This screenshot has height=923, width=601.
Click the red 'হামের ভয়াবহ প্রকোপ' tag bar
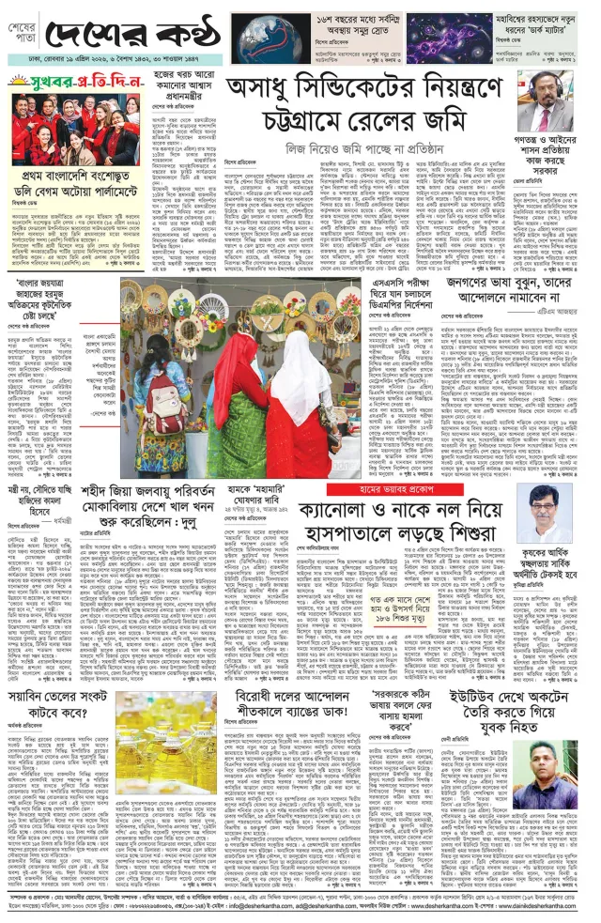pos(374,489)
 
